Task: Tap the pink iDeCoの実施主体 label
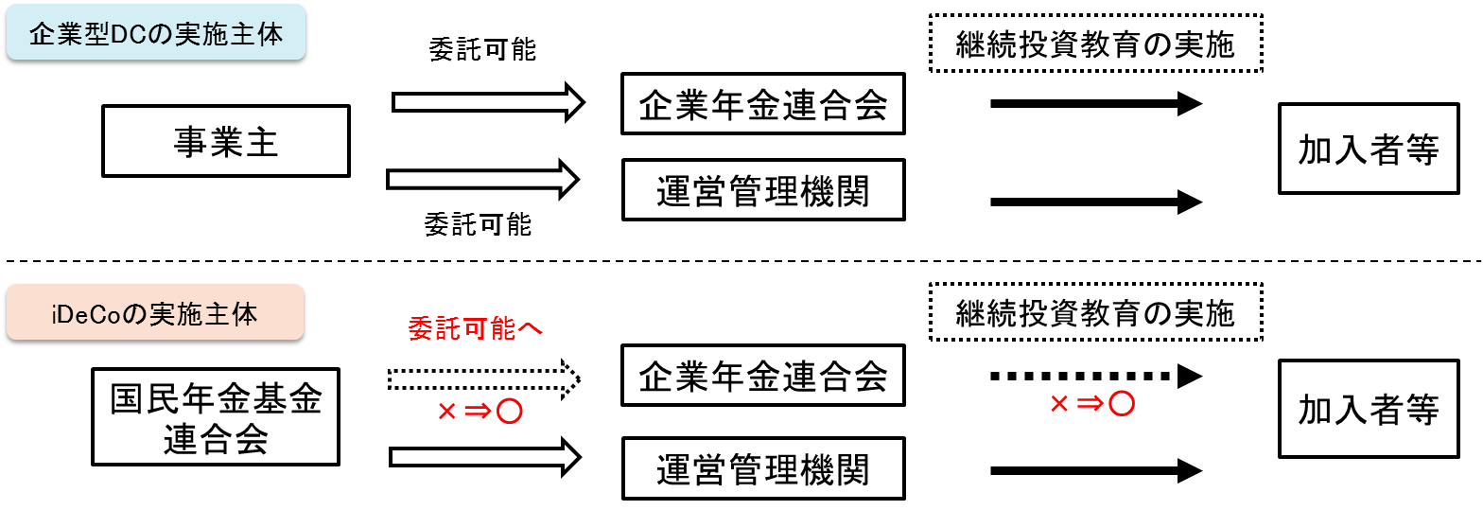154,312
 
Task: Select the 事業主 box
225,141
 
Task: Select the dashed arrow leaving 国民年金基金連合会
483,378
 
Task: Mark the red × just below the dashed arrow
446,412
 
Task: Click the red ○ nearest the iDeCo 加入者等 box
1121,404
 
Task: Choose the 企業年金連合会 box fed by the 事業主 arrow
762,103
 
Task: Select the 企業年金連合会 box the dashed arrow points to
762,376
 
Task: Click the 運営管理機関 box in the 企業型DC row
762,189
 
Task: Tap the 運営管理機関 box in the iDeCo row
762,468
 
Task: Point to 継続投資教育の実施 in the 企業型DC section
1095,44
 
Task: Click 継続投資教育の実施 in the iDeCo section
1095,311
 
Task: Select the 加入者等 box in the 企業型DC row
1368,149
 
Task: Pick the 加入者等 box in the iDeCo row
1368,409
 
